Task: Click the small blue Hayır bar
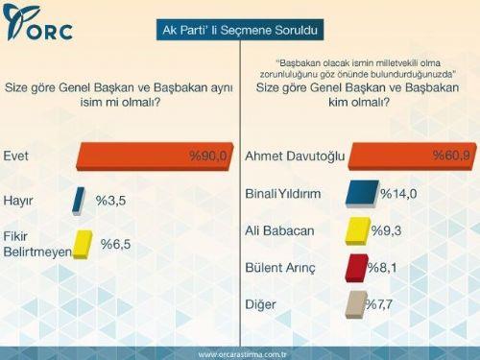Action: (79, 201)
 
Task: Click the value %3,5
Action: (108, 201)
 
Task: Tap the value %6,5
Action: (114, 244)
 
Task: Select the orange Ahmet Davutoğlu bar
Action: (403, 156)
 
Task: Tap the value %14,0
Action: (396, 194)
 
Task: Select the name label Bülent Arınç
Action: (280, 268)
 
